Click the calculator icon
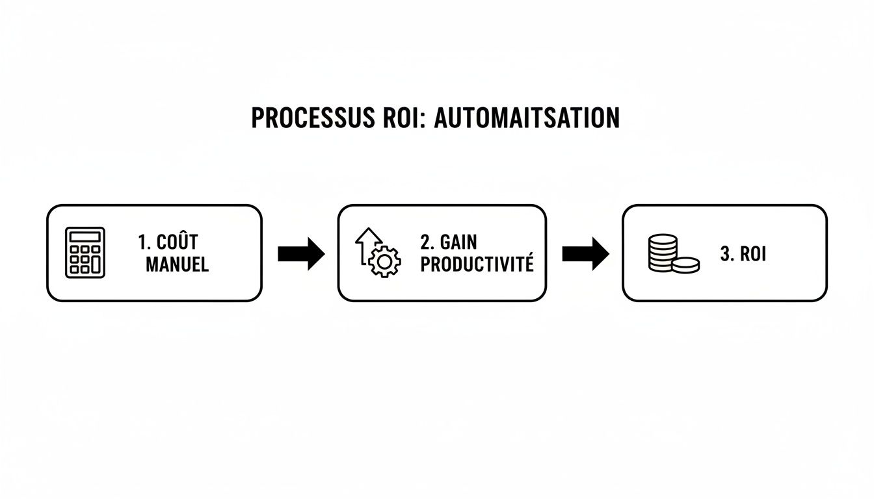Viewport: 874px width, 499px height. (x=85, y=253)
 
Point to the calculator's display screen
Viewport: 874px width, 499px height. (x=85, y=236)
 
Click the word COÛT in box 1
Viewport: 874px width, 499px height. (x=178, y=242)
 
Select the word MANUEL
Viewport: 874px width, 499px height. (x=177, y=264)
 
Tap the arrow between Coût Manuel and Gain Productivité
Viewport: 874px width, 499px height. (x=300, y=253)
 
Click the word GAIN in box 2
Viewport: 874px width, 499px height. (x=458, y=242)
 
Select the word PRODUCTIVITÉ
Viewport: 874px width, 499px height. (x=477, y=264)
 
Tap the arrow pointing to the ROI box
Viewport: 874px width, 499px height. (x=585, y=253)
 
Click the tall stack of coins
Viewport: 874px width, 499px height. (x=663, y=253)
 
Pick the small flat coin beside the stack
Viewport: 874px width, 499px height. (x=685, y=264)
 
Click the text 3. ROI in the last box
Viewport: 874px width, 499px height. (x=743, y=254)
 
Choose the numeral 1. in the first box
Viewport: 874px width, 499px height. (x=144, y=242)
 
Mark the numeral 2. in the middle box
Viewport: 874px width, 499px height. (x=427, y=242)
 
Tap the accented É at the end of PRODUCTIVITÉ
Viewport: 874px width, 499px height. (x=529, y=264)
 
